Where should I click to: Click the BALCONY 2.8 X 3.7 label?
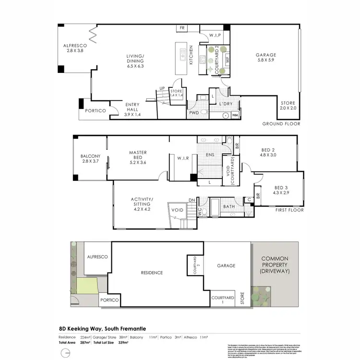tap(90, 159)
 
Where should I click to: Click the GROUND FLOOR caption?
tap(281, 124)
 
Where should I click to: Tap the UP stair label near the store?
tap(162, 88)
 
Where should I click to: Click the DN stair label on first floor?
tap(192, 200)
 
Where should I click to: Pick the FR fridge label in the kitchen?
tap(182, 28)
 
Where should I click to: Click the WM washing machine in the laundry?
tap(235, 115)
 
